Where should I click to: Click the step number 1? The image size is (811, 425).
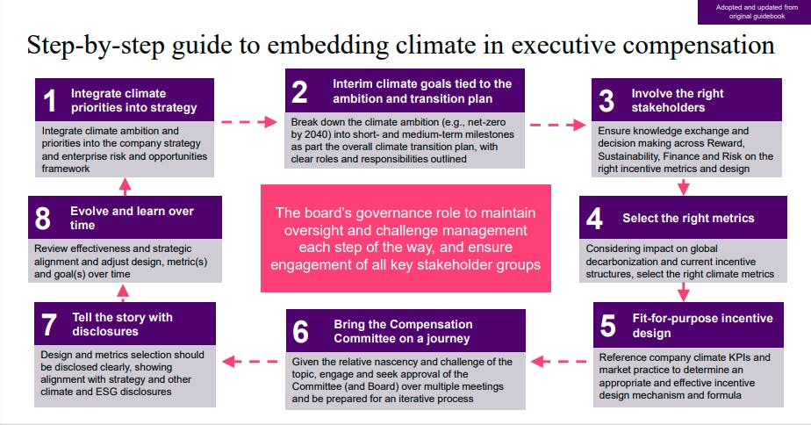point(50,102)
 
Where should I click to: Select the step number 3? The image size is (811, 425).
point(605,102)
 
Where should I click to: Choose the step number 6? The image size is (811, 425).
point(301,332)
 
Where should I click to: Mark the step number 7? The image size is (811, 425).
point(50,324)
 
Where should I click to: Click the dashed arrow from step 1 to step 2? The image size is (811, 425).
point(248,122)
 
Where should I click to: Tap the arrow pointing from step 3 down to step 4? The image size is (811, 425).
point(684,186)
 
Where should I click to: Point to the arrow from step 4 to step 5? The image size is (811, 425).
point(684,292)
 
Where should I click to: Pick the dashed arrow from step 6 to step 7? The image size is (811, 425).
point(254,359)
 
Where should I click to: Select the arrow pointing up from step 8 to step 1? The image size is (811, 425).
point(125,185)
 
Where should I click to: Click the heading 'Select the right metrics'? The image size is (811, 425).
point(688,219)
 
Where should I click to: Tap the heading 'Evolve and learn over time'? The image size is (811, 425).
point(132,218)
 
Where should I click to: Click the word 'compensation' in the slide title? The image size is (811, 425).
point(685,46)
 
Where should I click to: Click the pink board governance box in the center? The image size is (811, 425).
point(405,238)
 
